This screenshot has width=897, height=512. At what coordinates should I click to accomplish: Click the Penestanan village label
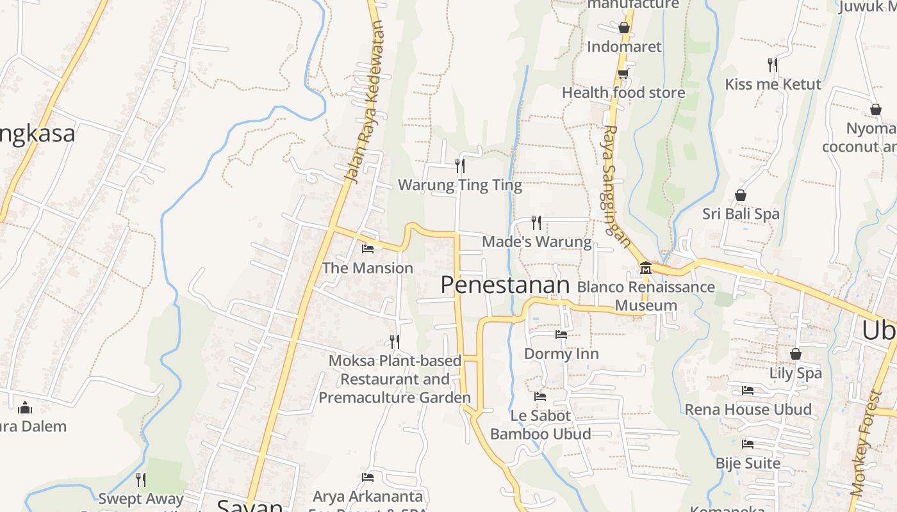505,285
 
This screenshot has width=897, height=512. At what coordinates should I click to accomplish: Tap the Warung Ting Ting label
459,186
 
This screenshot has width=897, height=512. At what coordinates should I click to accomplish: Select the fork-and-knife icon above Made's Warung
536,223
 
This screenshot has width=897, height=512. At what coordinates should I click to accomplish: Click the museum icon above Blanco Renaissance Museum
645,268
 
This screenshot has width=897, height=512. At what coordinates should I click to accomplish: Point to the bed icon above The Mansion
368,249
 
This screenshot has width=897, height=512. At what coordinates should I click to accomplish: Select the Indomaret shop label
624,47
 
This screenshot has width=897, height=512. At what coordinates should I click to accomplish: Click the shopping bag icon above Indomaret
623,28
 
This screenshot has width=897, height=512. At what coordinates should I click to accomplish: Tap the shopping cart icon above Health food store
622,74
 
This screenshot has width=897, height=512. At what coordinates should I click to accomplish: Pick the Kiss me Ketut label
773,84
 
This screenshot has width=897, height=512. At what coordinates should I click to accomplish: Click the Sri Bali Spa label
741,214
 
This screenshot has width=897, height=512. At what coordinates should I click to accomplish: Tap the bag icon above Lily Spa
795,354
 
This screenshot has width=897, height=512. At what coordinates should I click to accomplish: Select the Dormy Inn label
561,354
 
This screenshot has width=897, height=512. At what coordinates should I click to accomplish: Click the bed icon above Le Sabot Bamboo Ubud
540,397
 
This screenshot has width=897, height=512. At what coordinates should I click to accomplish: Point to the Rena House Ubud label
748,410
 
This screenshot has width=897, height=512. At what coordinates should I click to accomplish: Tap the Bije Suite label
748,463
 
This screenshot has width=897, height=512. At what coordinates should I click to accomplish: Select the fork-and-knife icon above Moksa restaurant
395,341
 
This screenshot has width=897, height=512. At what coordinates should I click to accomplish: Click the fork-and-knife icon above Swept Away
141,479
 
